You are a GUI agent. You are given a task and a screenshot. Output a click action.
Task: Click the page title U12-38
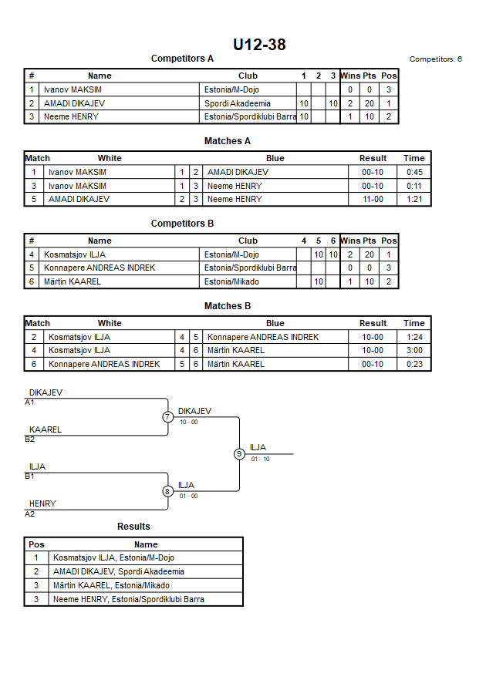pos(259,45)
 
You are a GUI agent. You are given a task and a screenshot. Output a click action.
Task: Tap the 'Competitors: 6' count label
pos(435,59)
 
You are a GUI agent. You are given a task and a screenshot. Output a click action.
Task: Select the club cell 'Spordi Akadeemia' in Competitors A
pos(237,103)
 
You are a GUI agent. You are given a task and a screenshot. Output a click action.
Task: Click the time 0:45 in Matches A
pos(414,172)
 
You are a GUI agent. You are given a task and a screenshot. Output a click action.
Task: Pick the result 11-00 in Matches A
pos(373,200)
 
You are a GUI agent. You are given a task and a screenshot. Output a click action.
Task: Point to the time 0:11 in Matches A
pos(414,186)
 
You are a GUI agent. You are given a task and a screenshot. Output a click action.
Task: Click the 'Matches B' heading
pos(228,306)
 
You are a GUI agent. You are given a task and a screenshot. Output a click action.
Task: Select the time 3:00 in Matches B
pos(414,350)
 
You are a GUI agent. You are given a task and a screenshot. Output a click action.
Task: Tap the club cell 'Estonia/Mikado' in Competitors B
pos(231,281)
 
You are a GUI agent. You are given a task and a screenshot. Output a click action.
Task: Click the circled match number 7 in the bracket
pos(167,416)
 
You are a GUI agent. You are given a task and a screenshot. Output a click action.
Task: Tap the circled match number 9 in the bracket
pos(239,454)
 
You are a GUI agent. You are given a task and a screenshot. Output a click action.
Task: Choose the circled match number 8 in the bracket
pos(167,491)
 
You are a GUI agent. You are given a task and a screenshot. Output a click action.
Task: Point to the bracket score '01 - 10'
pos(260,460)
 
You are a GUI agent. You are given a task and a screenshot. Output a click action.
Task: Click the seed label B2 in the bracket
pos(30,439)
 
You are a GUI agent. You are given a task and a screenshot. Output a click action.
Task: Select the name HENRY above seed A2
pos(42,503)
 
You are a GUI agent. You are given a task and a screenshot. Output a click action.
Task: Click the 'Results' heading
pos(133,527)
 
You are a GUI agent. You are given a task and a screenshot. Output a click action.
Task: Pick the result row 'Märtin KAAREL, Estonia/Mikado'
pos(111,585)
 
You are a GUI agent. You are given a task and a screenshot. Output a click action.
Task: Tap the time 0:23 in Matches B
pos(414,364)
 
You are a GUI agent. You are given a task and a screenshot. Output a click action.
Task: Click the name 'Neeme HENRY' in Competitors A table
pos(71,117)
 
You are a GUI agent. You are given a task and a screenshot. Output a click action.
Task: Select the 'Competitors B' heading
pos(182,224)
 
